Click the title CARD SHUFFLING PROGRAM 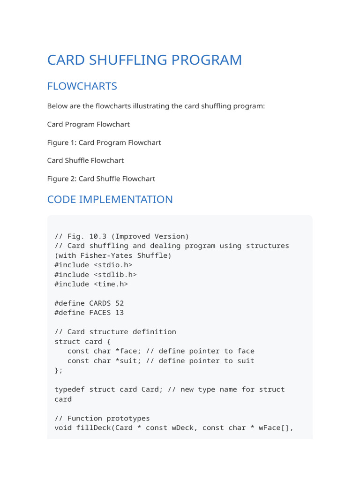click(x=144, y=60)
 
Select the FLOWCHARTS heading click(x=82, y=86)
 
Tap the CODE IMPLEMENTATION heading click(x=110, y=200)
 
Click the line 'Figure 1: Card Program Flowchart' click(x=104, y=142)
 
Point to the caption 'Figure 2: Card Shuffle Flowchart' click(x=101, y=179)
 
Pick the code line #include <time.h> click(x=91, y=284)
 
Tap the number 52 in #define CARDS click(x=120, y=303)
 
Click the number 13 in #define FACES click(x=120, y=313)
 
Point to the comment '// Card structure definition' click(x=115, y=332)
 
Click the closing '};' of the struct click(x=58, y=370)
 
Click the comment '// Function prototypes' click(x=102, y=418)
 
